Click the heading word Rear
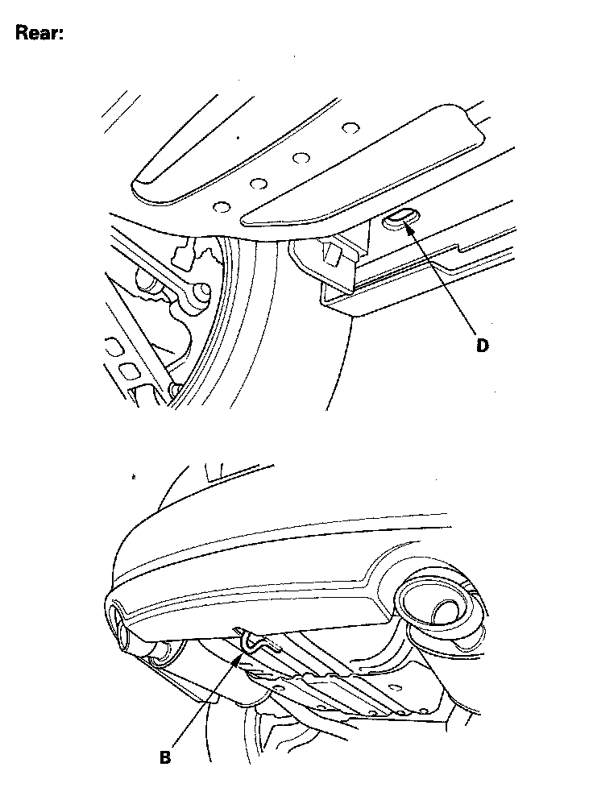point(39,33)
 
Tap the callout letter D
point(482,346)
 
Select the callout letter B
point(165,757)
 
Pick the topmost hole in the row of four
point(348,128)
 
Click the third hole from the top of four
point(258,183)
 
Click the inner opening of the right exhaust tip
point(447,612)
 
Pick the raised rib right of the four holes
point(363,165)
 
